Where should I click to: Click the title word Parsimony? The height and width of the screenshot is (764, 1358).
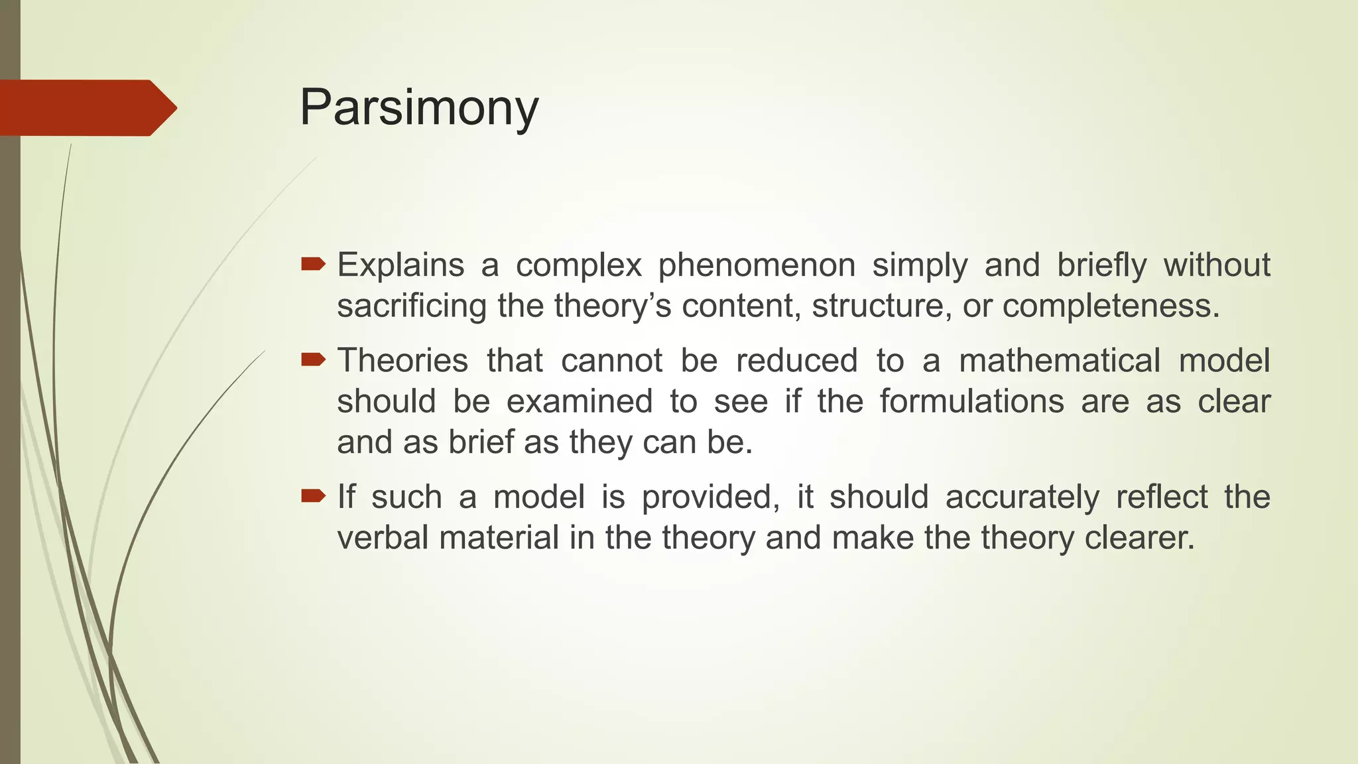tap(419, 107)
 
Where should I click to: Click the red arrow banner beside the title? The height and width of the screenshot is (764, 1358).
tap(86, 108)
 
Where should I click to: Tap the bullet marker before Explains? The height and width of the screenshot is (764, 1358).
tap(313, 265)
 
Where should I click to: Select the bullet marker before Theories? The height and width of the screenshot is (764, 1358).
tap(313, 360)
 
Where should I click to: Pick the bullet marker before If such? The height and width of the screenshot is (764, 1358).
tap(313, 496)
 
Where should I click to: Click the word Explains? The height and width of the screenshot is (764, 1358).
tap(401, 265)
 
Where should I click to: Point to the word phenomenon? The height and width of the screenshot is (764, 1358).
tap(757, 265)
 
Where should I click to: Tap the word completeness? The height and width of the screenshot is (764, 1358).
tap(1111, 306)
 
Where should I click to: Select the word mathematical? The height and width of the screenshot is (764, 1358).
tap(1060, 361)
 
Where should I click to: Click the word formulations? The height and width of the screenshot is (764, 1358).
tap(971, 402)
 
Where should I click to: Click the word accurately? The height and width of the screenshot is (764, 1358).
tap(1022, 497)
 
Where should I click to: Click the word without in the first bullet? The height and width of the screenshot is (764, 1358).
tap(1217, 265)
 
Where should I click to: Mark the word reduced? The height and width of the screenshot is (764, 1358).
tap(796, 361)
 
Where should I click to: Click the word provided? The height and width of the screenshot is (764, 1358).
tap(710, 497)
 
